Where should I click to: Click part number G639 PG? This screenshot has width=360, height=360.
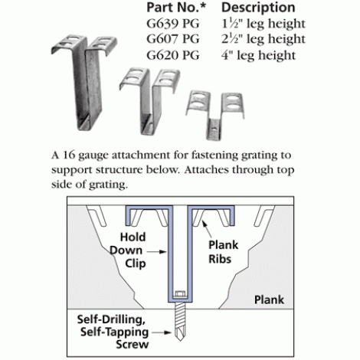click(173, 24)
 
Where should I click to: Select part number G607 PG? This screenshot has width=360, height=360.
click(173, 39)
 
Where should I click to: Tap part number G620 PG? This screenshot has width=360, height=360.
click(173, 55)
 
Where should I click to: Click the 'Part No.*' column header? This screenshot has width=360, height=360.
click(176, 8)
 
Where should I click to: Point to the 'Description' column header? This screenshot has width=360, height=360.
click(258, 8)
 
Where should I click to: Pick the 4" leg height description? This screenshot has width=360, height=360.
click(258, 56)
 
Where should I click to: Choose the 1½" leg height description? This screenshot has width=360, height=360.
click(263, 25)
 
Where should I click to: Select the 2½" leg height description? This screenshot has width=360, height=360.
click(263, 40)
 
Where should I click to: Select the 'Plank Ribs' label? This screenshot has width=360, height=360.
click(224, 252)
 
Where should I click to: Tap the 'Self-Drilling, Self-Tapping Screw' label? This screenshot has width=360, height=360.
click(113, 332)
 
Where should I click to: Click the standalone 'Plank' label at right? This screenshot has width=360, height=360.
click(269, 299)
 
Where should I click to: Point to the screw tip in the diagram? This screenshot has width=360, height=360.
click(180, 340)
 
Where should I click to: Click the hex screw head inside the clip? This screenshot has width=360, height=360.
click(180, 294)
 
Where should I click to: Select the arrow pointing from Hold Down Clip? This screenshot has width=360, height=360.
click(157, 252)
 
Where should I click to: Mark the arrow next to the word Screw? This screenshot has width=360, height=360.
click(162, 332)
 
